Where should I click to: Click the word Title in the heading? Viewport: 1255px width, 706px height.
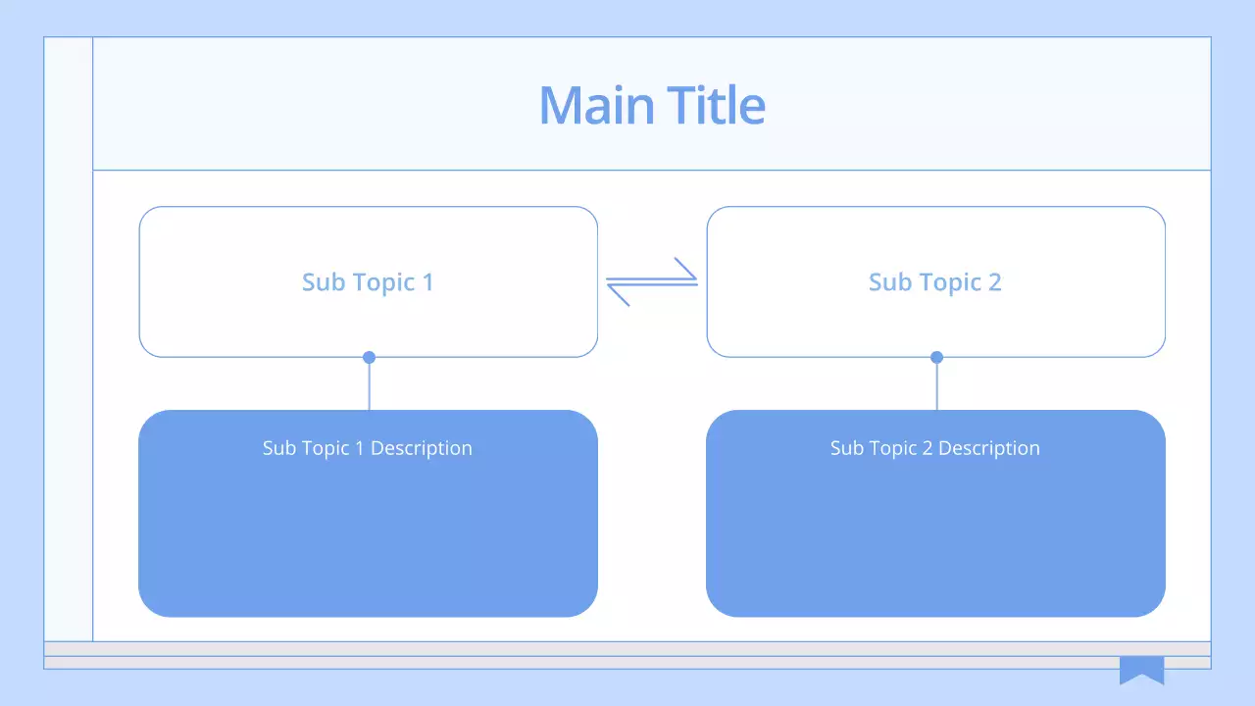point(716,105)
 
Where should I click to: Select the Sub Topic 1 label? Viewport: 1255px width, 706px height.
point(368,282)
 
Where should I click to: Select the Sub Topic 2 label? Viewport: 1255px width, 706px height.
point(934,282)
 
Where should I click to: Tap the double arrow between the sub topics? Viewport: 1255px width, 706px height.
point(652,281)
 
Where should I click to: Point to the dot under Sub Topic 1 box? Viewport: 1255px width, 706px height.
point(369,357)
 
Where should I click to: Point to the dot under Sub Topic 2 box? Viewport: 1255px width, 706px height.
point(936,357)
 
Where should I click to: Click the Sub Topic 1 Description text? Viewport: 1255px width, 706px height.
point(368,448)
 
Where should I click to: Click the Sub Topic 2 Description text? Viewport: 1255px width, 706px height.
point(934,448)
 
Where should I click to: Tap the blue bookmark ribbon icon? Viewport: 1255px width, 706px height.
point(1141,669)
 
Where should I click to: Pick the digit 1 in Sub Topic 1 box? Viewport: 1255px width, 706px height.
point(427,282)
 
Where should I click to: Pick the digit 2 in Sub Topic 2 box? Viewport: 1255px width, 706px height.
point(994,282)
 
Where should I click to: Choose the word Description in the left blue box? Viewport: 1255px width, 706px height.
point(422,448)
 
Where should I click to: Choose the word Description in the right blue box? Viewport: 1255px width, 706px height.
point(989,448)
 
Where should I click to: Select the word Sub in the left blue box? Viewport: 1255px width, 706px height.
point(278,448)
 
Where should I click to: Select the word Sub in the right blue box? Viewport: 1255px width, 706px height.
point(846,448)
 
